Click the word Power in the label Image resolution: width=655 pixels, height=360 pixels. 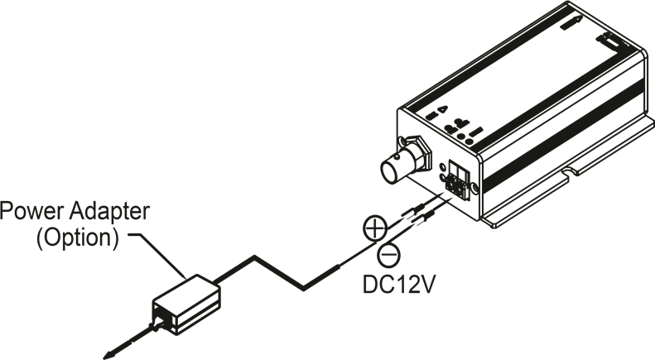32,211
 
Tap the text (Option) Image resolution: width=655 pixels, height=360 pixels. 78,238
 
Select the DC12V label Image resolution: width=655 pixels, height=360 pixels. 398,285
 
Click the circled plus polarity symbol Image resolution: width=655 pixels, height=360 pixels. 375,228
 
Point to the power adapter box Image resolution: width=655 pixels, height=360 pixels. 186,305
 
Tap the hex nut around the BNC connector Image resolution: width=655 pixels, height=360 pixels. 417,152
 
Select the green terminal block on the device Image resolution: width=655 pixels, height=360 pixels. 457,179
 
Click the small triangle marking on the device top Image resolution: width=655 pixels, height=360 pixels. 442,109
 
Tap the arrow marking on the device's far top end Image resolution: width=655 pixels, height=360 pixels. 571,23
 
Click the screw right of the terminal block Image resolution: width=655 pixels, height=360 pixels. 475,188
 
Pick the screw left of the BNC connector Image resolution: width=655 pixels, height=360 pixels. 402,141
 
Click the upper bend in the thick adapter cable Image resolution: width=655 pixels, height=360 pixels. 254,257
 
